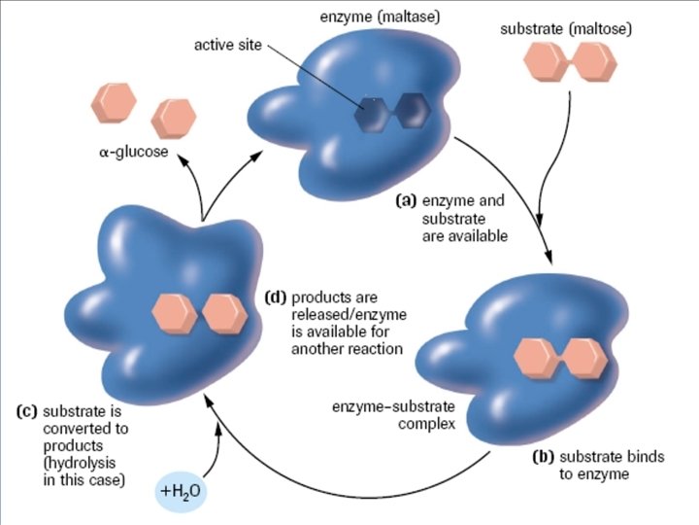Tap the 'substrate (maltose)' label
click(566, 29)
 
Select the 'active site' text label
click(226, 46)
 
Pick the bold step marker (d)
click(276, 297)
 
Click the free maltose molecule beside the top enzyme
click(570, 65)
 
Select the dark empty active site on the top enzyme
click(391, 111)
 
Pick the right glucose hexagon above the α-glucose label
click(173, 117)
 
